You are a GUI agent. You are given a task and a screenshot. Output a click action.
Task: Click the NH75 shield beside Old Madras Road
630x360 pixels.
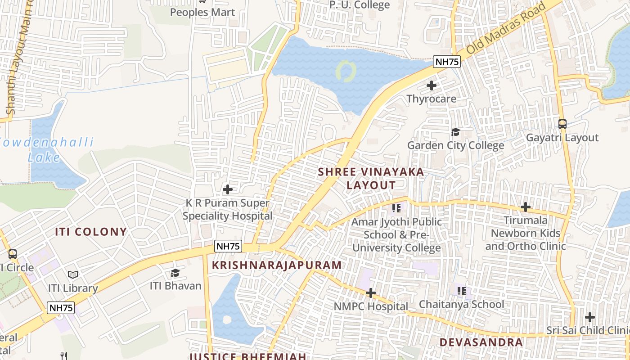point(447,62)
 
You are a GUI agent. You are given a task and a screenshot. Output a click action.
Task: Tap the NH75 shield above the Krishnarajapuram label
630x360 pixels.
point(228,246)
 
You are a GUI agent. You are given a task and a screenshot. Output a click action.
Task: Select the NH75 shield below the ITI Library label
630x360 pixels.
point(61,308)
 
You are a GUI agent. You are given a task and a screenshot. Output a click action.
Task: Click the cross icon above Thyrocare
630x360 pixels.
point(432,85)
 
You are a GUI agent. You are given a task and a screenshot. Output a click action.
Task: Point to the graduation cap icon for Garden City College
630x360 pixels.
point(455,132)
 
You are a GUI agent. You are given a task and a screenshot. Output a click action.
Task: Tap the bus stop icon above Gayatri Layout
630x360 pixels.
point(562,124)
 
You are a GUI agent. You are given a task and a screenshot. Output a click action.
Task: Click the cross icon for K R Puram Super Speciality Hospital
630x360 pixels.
point(228,189)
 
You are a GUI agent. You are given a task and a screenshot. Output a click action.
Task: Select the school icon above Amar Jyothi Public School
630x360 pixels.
point(396,208)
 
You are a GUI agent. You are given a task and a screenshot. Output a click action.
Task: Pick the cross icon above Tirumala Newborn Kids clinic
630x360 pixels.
point(525,207)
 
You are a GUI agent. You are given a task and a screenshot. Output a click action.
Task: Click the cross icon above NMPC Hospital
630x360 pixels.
point(370,293)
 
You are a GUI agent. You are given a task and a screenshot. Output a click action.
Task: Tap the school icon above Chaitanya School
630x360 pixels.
point(461,291)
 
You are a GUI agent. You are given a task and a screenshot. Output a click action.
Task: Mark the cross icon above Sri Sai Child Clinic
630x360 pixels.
point(589,317)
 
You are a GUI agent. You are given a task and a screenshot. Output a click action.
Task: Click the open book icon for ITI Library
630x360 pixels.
point(73,274)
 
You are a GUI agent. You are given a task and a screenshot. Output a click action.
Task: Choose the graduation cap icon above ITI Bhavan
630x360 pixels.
point(175,273)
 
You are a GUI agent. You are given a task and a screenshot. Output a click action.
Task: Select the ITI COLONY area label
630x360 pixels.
point(91,232)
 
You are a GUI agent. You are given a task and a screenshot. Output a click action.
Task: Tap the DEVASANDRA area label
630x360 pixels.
point(481,342)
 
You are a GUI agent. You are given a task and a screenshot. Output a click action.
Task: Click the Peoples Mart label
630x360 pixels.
point(202,12)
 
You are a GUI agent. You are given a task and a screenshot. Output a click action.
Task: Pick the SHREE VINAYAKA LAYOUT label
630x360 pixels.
point(371,178)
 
